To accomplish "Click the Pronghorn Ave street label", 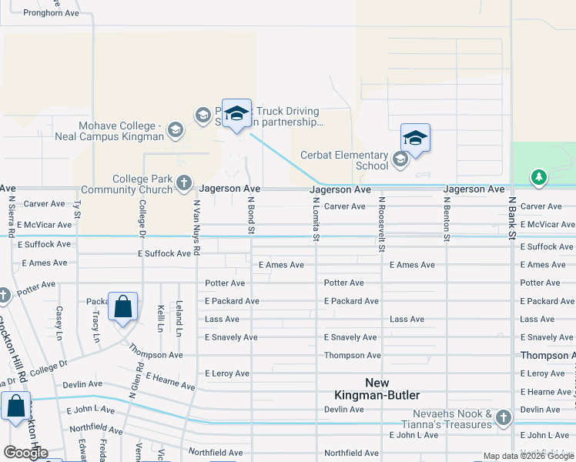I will pyautogui.click(x=51, y=13).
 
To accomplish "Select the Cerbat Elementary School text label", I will pyautogui.click(x=344, y=159).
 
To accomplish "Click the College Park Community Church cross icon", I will pyautogui.click(x=183, y=182).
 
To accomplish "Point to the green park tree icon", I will pyautogui.click(x=539, y=178).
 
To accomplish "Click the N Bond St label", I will pyautogui.click(x=251, y=215).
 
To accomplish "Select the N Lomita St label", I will pyautogui.click(x=316, y=219).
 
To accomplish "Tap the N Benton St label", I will pyautogui.click(x=446, y=219).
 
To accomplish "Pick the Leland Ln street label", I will pyautogui.click(x=179, y=318).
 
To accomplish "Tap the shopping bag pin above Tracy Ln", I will pyautogui.click(x=122, y=307).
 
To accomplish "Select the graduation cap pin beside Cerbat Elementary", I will pyautogui.click(x=415, y=139).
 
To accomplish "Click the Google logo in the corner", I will pyautogui.click(x=25, y=453).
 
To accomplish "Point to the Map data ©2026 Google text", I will pyautogui.click(x=528, y=457).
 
